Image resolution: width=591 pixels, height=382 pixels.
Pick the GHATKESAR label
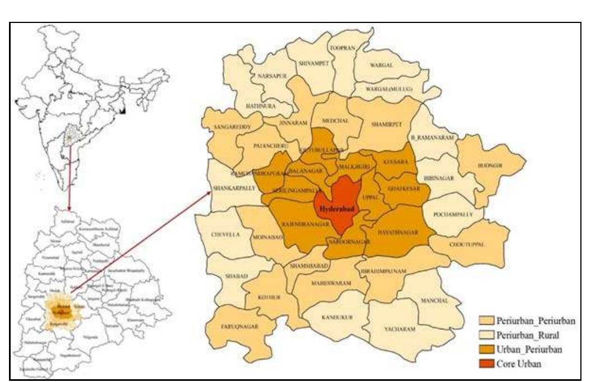pyautogui.click(x=403, y=188)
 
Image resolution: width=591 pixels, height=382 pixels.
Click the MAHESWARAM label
pyautogui.click(x=331, y=283)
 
